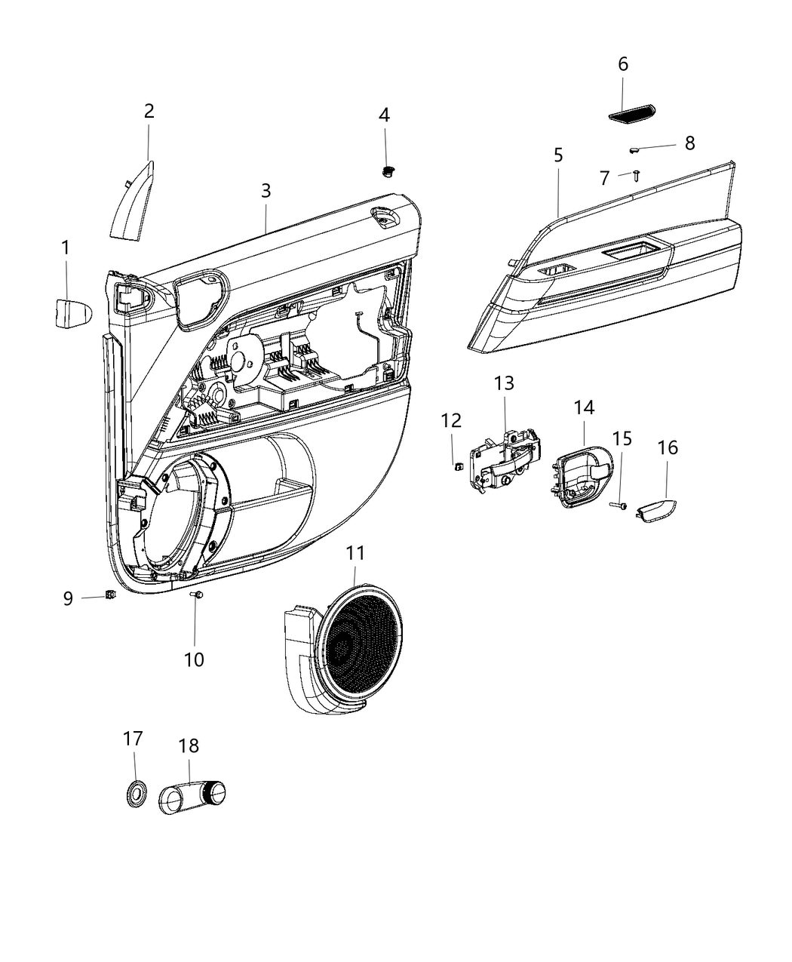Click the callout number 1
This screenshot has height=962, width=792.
click(66, 247)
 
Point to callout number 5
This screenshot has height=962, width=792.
click(558, 155)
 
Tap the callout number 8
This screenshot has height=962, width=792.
click(689, 143)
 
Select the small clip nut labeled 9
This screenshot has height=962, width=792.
click(110, 595)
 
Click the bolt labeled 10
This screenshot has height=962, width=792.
click(198, 596)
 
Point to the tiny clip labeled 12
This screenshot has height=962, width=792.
click(457, 466)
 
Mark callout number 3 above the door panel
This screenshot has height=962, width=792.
click(266, 191)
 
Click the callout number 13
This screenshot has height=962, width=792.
click(504, 383)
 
